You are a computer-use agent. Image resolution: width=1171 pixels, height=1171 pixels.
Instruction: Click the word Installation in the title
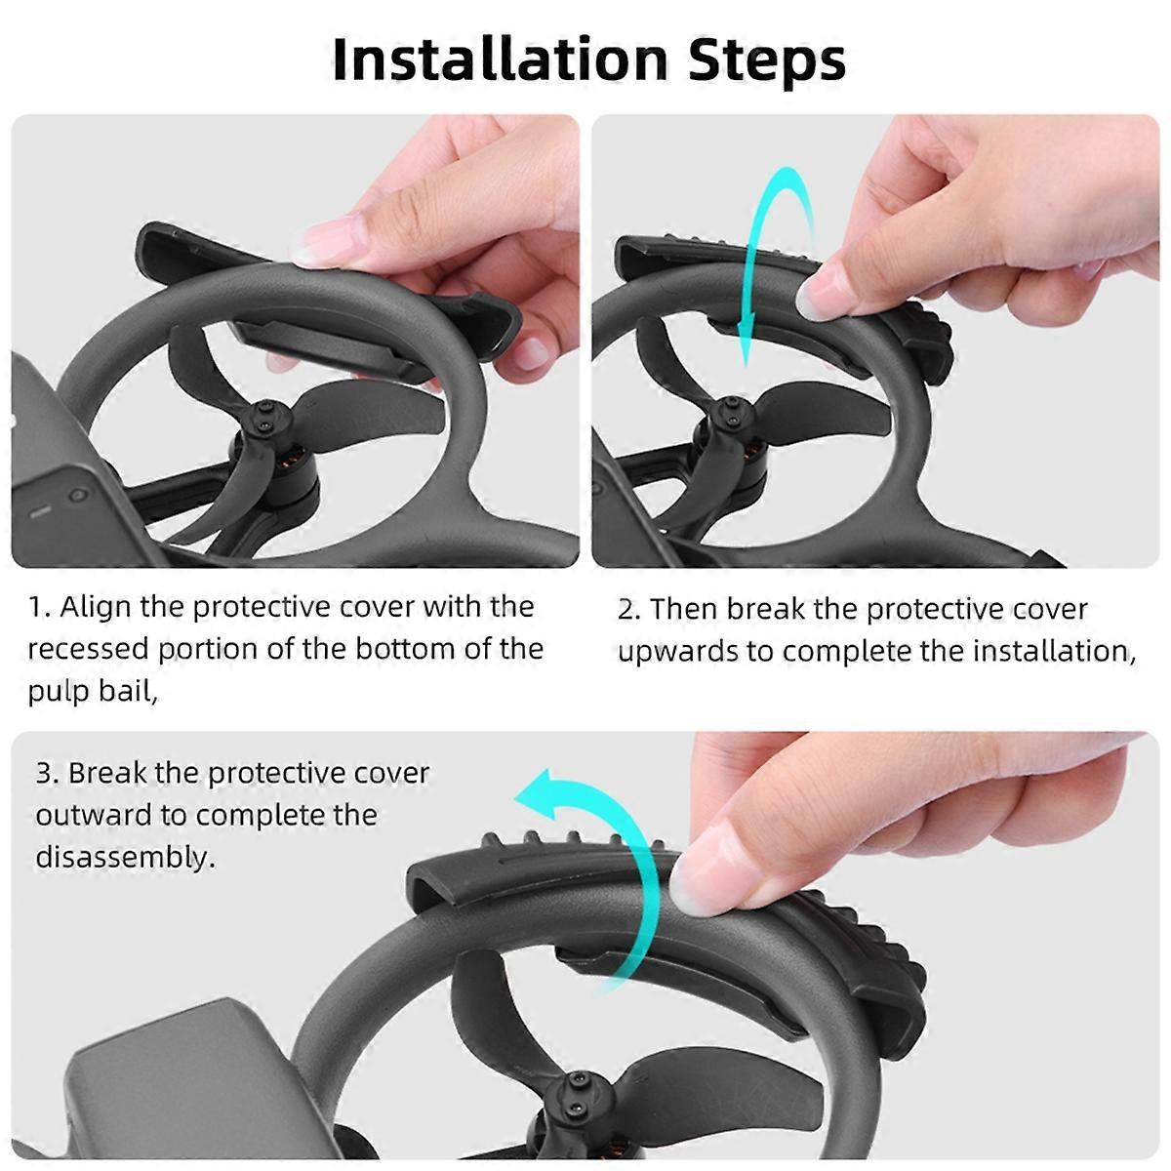pos(501,60)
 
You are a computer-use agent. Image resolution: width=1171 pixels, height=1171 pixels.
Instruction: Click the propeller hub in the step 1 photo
pos(265,423)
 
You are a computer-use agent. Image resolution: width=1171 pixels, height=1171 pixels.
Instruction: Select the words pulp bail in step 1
pos(90,692)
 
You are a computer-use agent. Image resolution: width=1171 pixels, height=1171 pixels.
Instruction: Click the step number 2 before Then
pos(628,609)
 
